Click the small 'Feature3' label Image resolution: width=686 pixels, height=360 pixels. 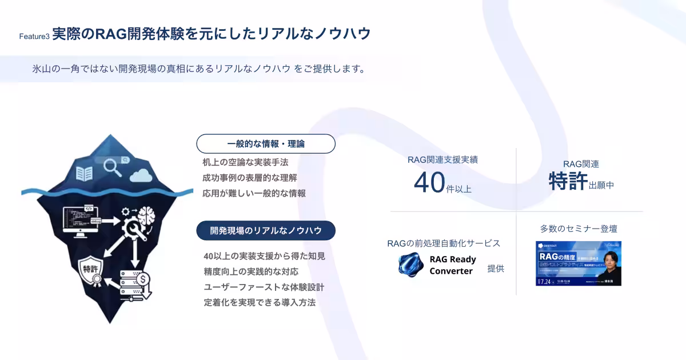(34, 37)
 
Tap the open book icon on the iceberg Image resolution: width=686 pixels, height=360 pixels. (85, 174)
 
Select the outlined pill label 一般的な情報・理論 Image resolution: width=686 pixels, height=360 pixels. (266, 144)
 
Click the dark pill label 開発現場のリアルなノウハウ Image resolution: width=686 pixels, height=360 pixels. (266, 230)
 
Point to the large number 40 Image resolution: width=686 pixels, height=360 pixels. (429, 182)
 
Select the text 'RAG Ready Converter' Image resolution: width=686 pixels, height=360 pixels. (453, 265)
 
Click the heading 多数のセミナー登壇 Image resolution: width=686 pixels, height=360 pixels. (579, 229)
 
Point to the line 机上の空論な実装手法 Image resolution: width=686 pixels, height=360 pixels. (245, 162)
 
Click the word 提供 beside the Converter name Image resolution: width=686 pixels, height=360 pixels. (496, 269)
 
